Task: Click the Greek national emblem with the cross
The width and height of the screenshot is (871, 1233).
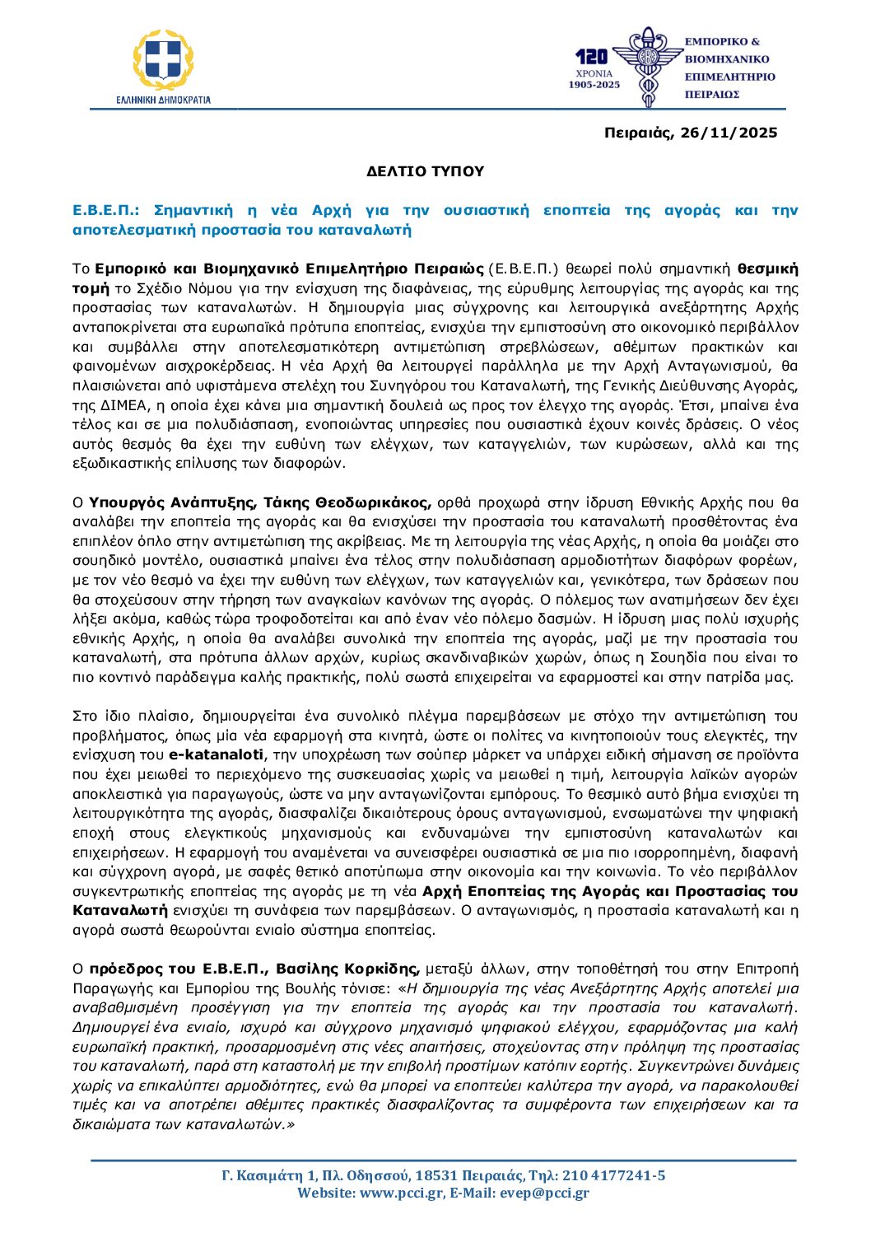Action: point(163,60)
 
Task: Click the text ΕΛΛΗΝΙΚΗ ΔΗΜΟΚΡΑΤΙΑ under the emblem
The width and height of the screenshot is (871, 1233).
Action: point(163,100)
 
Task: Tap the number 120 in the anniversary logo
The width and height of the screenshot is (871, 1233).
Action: point(591,56)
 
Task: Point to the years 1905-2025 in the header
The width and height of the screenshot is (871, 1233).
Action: point(594,85)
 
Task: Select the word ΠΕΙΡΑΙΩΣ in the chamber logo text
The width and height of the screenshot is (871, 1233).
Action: point(712,95)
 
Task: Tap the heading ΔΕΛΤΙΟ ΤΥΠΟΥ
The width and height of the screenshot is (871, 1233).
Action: point(426,171)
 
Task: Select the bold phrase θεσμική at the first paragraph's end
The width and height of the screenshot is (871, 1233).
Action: point(767,269)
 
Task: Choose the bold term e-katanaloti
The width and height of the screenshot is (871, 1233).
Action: point(217,755)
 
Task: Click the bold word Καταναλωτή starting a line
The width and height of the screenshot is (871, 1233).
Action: point(119,911)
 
